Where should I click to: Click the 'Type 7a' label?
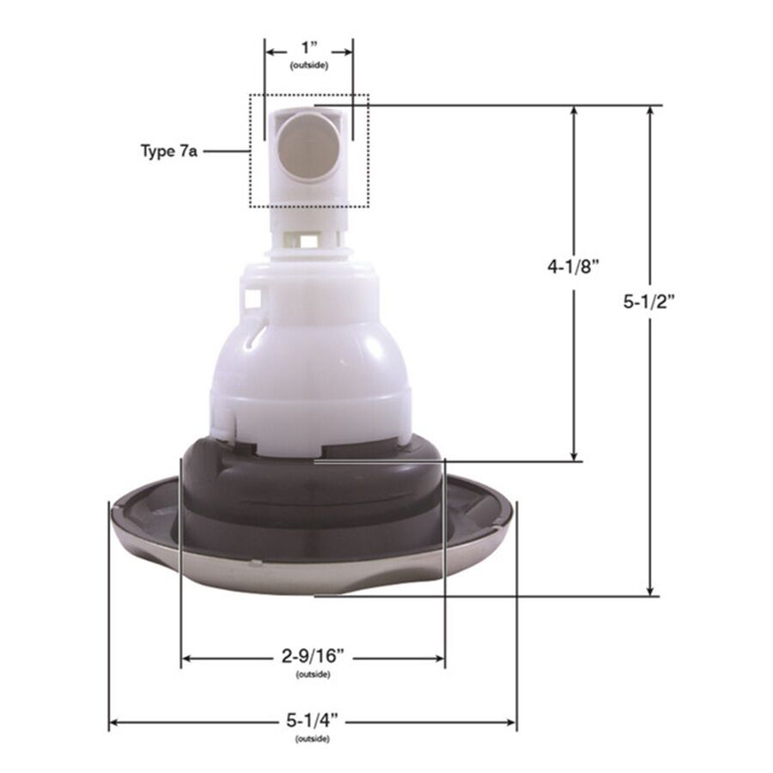pyautogui.click(x=168, y=151)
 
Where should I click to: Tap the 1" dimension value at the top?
pyautogui.click(x=309, y=48)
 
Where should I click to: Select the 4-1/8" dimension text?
pyautogui.click(x=574, y=267)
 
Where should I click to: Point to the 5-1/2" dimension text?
pyautogui.click(x=648, y=301)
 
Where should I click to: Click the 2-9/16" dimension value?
pyautogui.click(x=313, y=656)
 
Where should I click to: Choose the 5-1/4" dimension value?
pyautogui.click(x=313, y=721)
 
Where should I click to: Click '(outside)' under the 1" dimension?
pyautogui.click(x=309, y=65)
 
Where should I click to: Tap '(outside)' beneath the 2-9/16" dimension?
pyautogui.click(x=313, y=674)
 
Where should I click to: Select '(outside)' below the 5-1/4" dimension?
pyautogui.click(x=313, y=739)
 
